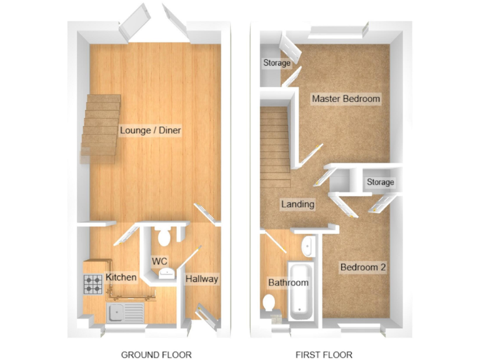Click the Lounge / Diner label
[150, 131]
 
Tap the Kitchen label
[121, 277]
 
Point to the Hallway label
[202, 279]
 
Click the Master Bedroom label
[346, 99]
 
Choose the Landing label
[297, 204]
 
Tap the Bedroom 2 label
[362, 267]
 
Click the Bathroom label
[288, 282]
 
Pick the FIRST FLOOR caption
[324, 354]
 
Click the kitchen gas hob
[94, 286]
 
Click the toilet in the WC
[165, 237]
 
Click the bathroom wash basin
[307, 247]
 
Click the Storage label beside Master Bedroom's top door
[276, 63]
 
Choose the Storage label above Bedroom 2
[380, 182]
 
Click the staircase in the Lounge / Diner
[100, 128]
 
